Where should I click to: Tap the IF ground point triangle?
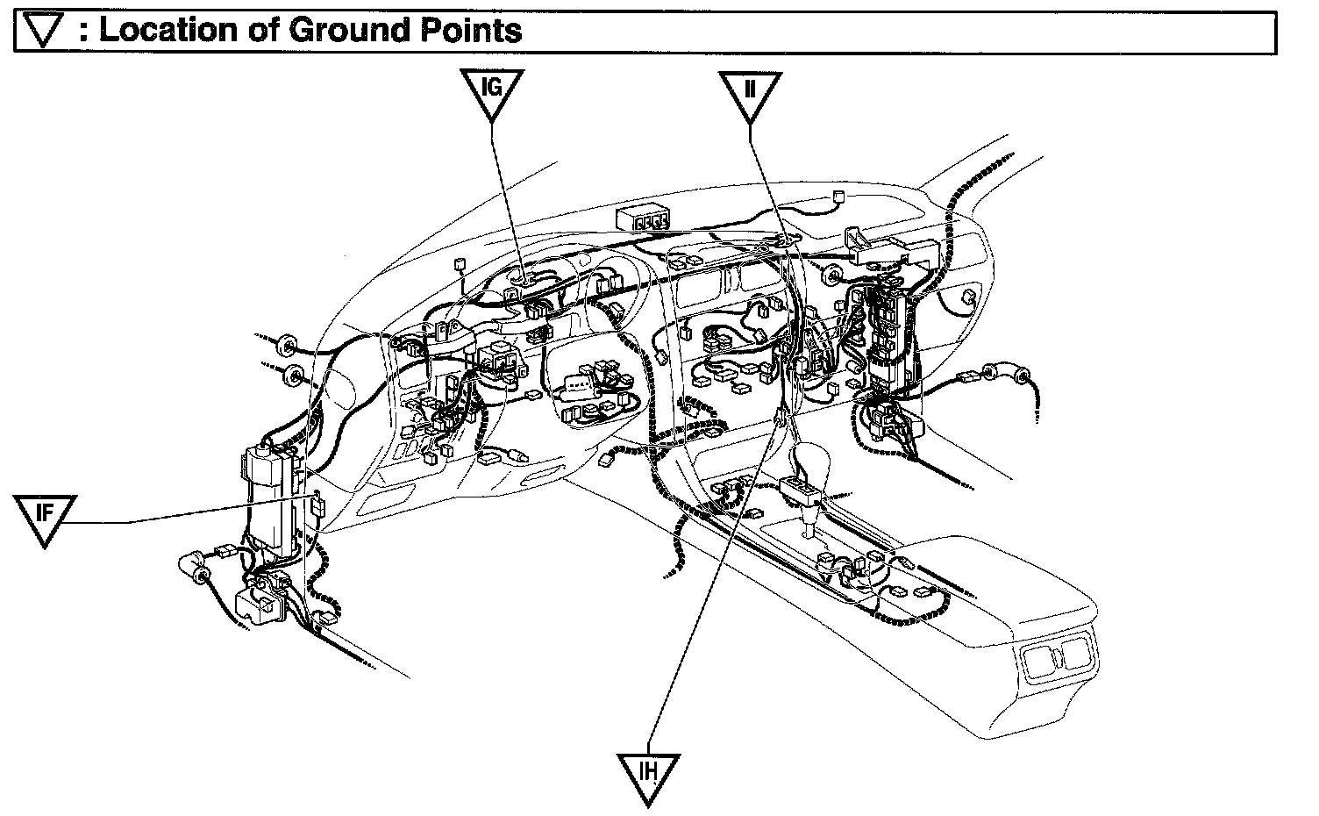click(45, 516)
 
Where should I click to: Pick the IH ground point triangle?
click(648, 774)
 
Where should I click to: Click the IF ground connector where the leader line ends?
click(317, 505)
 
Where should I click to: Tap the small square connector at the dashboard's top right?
click(838, 197)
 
